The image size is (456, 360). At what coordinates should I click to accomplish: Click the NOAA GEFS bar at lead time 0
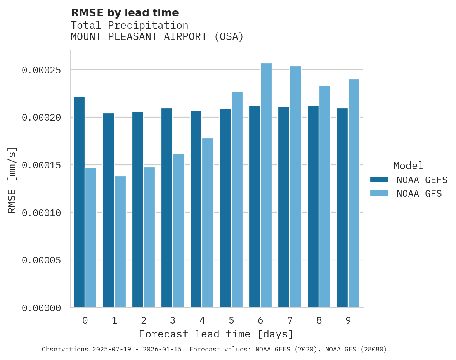[79, 202]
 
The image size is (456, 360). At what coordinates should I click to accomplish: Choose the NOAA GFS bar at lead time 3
[179, 230]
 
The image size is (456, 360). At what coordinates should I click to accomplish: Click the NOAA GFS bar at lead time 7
[295, 187]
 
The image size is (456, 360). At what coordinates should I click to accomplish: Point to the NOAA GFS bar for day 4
[208, 223]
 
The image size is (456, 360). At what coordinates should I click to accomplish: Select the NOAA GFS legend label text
[419, 193]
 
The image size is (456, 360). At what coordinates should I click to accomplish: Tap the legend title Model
[408, 166]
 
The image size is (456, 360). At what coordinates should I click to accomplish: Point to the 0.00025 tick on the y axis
[42, 70]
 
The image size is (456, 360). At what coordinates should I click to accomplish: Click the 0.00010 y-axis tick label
[42, 213]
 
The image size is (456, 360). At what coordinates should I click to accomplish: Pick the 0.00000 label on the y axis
[42, 308]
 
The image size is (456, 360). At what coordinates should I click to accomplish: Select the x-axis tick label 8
[319, 320]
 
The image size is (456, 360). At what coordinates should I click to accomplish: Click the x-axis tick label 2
[144, 320]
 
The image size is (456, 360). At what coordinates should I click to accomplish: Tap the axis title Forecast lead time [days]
[216, 334]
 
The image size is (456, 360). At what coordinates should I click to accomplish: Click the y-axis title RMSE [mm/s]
[12, 180]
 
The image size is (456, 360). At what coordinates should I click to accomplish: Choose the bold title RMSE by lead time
[125, 13]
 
